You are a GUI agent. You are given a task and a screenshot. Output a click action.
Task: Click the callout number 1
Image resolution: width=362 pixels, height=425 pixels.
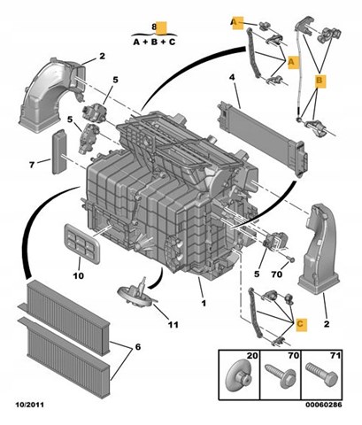tap(204, 303)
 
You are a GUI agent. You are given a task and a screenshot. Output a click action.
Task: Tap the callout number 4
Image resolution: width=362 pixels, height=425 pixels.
tap(232, 77)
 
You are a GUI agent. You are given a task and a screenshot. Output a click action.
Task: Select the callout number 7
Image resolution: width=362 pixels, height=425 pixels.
tap(32, 165)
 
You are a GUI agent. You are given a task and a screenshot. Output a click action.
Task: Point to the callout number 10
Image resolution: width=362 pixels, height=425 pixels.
tap(79, 275)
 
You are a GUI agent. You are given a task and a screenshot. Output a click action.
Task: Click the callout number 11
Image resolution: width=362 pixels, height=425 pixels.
tap(173, 325)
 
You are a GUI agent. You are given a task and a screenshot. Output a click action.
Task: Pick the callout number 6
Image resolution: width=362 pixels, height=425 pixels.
tap(138, 347)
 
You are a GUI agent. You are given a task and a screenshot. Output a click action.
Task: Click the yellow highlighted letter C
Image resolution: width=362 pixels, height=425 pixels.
tap(300, 324)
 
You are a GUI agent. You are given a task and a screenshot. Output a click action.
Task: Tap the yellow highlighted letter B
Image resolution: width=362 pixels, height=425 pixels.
tap(320, 81)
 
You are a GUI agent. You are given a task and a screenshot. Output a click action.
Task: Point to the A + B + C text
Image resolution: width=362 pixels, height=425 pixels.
tap(154, 42)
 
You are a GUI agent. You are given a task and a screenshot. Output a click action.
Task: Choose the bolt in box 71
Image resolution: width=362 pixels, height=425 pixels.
tap(321, 375)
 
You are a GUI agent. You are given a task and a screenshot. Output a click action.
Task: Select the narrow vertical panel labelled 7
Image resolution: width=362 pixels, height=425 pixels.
tap(58, 151)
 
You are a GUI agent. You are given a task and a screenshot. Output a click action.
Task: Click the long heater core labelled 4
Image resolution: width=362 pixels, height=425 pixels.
tap(263, 138)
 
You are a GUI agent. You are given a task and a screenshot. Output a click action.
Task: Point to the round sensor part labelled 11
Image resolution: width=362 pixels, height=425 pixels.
tap(137, 294)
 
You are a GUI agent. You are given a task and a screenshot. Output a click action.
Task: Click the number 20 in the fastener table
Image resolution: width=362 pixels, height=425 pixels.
tap(252, 356)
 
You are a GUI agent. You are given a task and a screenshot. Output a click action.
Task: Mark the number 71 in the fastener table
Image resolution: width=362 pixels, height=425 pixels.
tap(335, 356)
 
